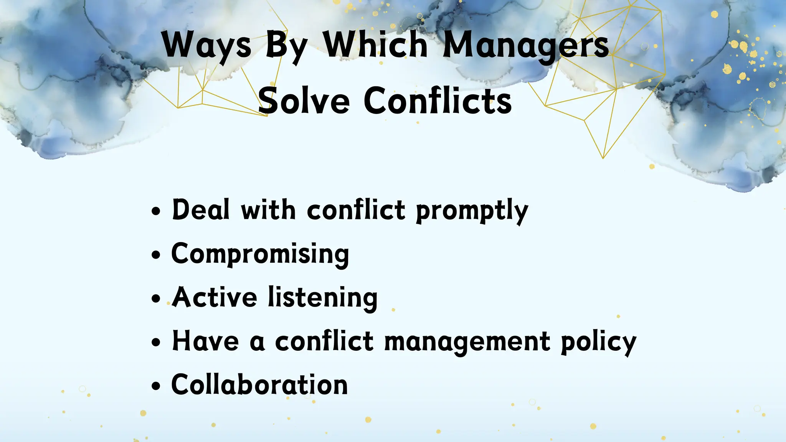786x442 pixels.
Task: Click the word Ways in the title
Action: [x=206, y=45]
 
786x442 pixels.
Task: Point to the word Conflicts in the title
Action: [x=438, y=101]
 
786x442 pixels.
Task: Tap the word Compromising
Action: [x=260, y=254]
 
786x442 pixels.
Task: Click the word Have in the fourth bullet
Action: [x=205, y=341]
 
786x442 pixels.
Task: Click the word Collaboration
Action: [x=259, y=384]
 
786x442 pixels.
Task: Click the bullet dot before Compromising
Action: [x=155, y=255]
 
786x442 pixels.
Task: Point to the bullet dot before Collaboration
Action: [x=155, y=386]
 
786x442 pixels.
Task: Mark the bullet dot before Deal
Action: [x=155, y=211]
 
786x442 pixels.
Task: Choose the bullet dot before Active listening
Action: [x=155, y=299]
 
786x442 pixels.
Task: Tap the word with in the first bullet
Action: [x=268, y=210]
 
